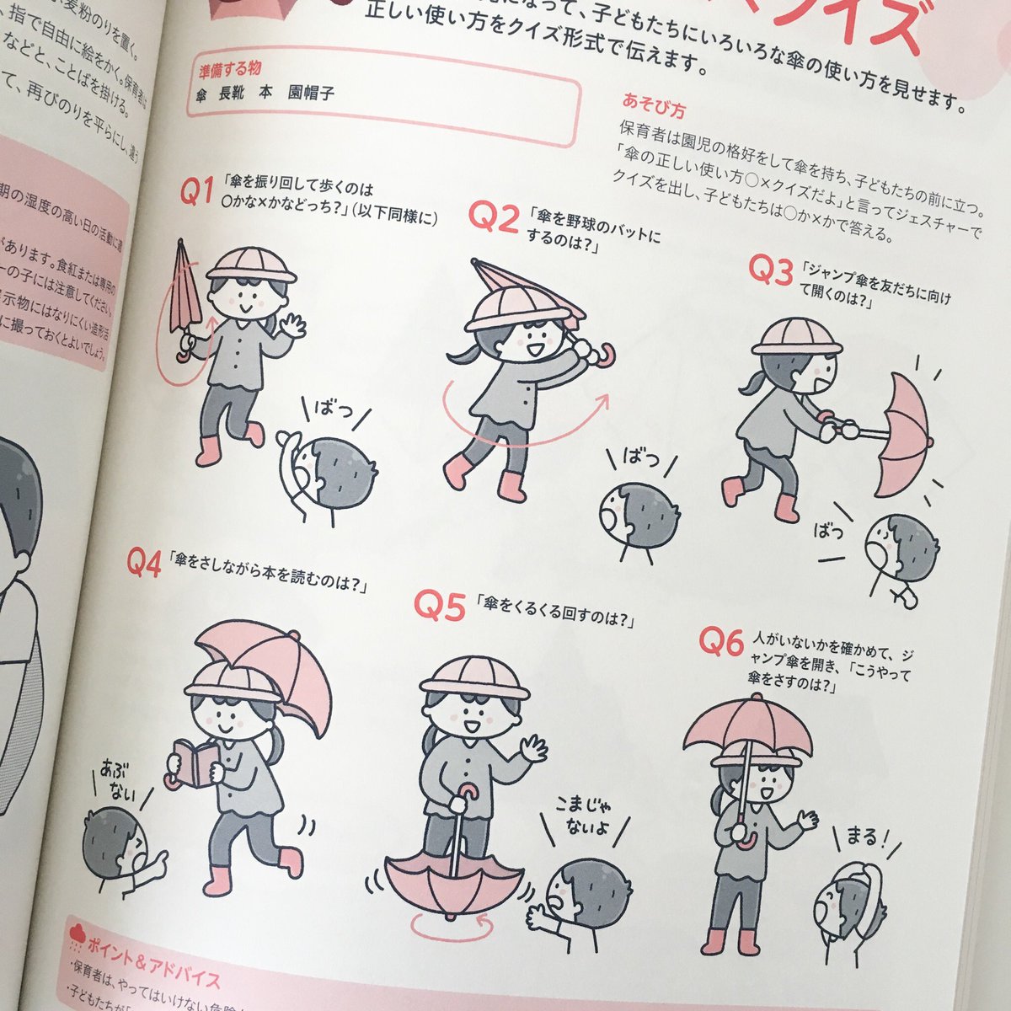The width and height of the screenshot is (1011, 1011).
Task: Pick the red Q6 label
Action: pyautogui.click(x=720, y=642)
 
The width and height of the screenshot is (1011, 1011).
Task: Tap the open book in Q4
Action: pyautogui.click(x=195, y=763)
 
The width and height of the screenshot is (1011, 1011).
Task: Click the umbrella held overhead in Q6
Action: pyautogui.click(x=747, y=725)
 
